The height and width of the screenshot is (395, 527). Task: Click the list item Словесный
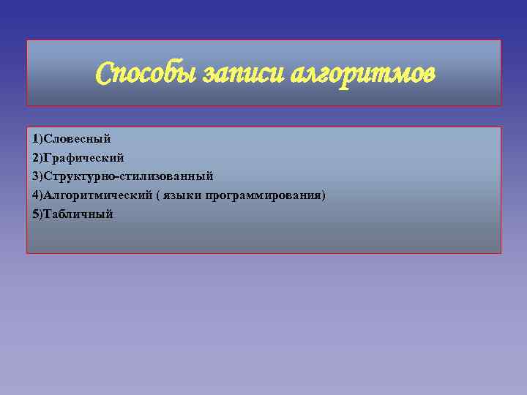(78, 138)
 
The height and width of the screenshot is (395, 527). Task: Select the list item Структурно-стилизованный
(129, 176)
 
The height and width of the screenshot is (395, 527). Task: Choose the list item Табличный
(79, 214)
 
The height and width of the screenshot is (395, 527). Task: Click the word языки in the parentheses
(184, 195)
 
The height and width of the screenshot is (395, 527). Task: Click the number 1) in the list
(37, 138)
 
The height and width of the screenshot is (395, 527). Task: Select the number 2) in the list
(37, 157)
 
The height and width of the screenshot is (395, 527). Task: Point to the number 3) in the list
(37, 176)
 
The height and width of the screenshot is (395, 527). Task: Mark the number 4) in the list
(37, 195)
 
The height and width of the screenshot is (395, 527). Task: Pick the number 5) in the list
(37, 214)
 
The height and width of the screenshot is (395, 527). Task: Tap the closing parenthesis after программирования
(323, 195)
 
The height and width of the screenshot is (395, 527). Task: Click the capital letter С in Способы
(105, 73)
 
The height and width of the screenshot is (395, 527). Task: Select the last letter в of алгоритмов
(429, 75)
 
